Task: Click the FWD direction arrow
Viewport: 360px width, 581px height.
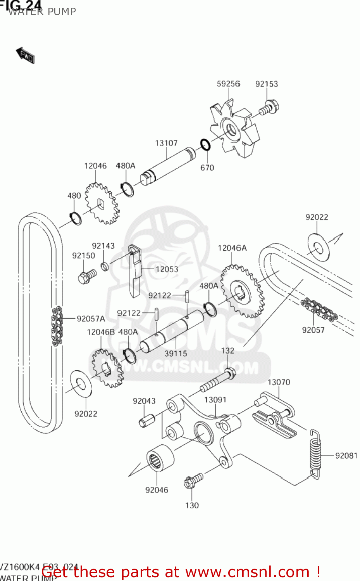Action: coord(26,55)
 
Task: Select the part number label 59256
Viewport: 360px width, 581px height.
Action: coord(228,84)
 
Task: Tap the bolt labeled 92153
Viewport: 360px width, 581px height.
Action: coord(270,107)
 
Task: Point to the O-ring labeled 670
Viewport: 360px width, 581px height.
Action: coord(205,145)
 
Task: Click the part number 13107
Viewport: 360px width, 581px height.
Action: coord(166,143)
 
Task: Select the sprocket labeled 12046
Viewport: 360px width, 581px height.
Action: coord(101,204)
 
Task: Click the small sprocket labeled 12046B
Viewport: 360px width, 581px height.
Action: coord(107,368)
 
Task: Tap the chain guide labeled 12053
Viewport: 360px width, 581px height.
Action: coord(135,271)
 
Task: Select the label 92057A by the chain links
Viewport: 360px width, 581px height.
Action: coord(91,319)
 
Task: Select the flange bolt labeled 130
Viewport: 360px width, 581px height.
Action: coord(193,481)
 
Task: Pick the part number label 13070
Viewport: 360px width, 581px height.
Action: coord(279,382)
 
